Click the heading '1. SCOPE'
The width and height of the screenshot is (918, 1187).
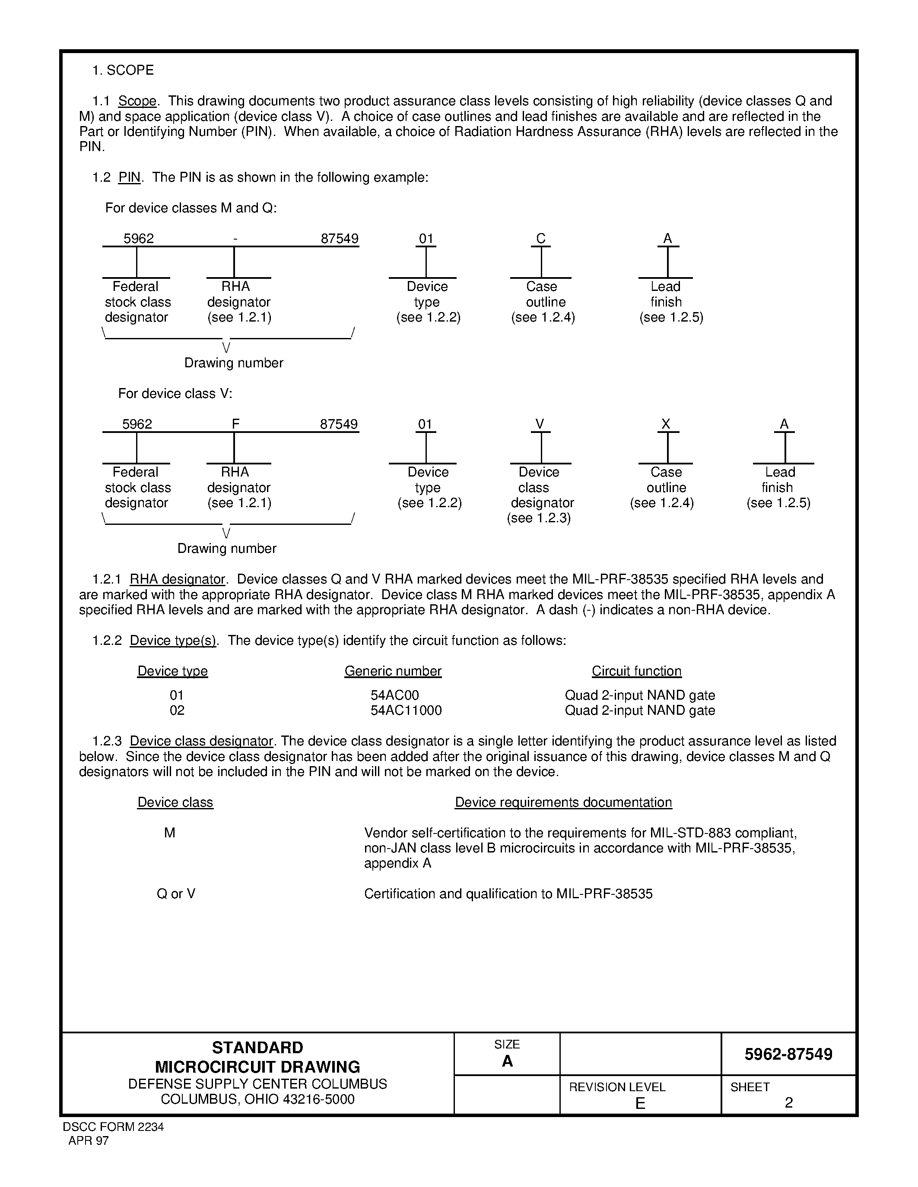[x=123, y=70]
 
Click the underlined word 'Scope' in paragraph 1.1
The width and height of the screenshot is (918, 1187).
[x=137, y=101]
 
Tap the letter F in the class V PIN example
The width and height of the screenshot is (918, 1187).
[x=235, y=424]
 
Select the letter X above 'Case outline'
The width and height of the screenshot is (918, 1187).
[x=666, y=424]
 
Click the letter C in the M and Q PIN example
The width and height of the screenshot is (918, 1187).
[x=540, y=239]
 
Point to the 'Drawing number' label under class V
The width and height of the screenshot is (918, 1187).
[x=227, y=548]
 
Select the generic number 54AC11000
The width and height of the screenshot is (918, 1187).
[x=406, y=710]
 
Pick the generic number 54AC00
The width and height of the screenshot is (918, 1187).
[x=395, y=695]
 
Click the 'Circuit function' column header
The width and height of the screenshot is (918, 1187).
[x=636, y=671]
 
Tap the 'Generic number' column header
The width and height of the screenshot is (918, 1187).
[x=393, y=671]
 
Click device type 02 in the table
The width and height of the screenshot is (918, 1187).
[x=177, y=710]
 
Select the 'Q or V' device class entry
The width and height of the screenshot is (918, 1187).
[x=176, y=893]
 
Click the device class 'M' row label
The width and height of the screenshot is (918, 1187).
[x=170, y=833]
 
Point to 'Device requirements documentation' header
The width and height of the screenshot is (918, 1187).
[x=563, y=802]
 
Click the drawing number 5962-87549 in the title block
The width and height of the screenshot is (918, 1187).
[x=788, y=1054]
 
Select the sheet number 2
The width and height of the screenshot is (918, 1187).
[x=788, y=1102]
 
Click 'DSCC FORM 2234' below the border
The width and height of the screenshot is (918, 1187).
[x=113, y=1127]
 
